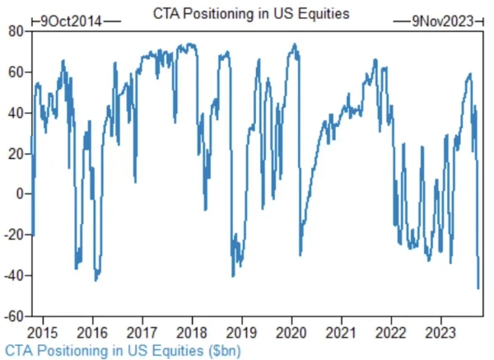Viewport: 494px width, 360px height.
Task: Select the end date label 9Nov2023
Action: pyautogui.click(x=443, y=21)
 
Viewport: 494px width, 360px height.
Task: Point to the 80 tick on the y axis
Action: pyautogui.click(x=16, y=31)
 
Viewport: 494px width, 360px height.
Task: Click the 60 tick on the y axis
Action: pyautogui.click(x=16, y=72)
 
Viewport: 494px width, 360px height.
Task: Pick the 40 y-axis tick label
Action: pyautogui.click(x=16, y=112)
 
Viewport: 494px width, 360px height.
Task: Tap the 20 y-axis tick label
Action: pyautogui.click(x=16, y=153)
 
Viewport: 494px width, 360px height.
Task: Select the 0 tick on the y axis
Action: pyautogui.click(x=19, y=194)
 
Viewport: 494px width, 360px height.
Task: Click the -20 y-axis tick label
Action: pyautogui.click(x=13, y=234)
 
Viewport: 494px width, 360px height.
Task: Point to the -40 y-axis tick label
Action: pyautogui.click(x=13, y=275)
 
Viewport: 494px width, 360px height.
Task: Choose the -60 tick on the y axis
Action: pyautogui.click(x=13, y=316)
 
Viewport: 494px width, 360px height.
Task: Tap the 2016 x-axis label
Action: pyautogui.click(x=92, y=327)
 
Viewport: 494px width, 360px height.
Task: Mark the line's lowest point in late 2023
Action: pyautogui.click(x=478, y=288)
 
